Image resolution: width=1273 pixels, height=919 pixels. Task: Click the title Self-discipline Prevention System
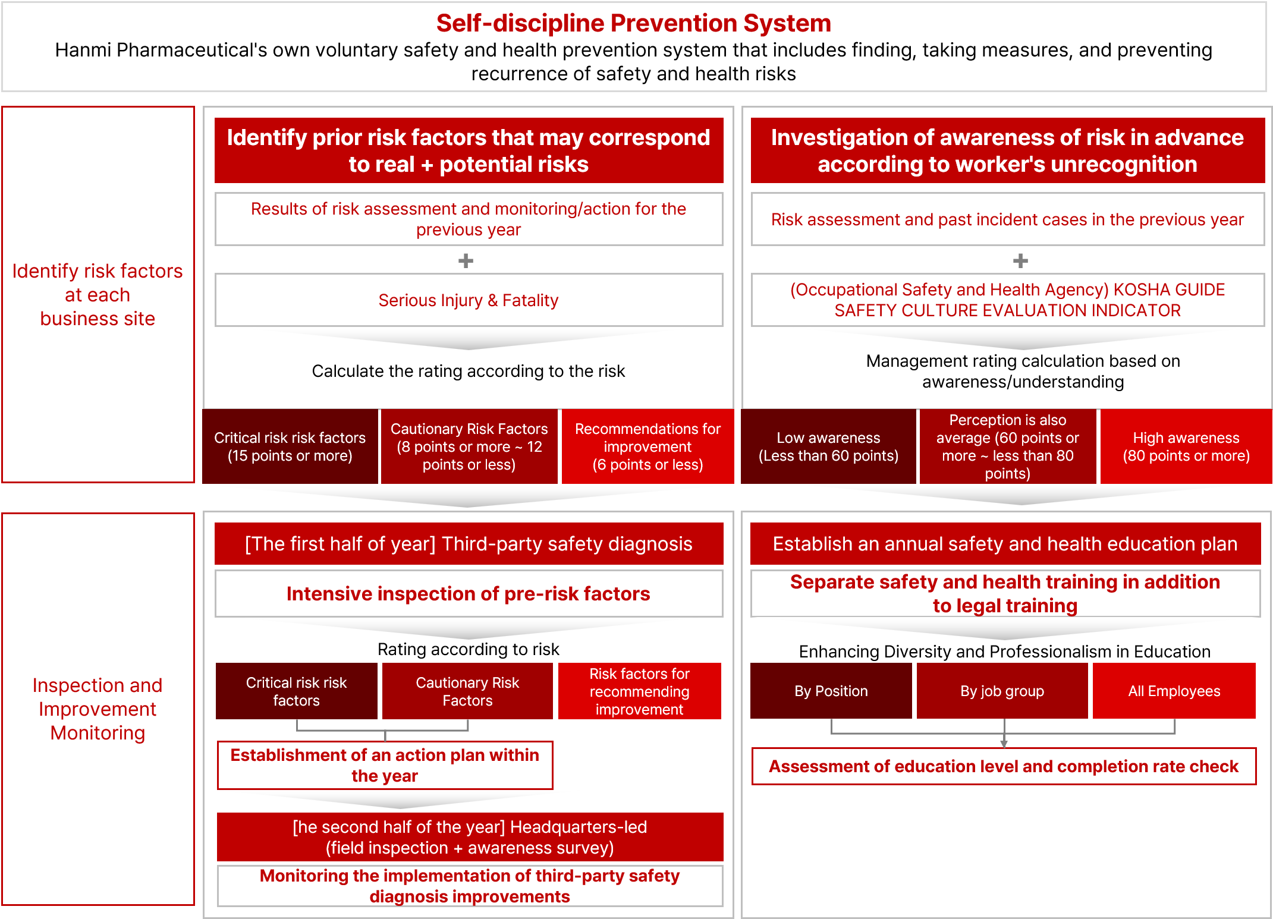point(633,23)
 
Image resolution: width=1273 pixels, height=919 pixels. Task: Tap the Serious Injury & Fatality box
point(469,300)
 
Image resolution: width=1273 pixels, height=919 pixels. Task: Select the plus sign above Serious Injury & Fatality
point(466,260)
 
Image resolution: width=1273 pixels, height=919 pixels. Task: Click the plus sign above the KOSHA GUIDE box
point(1020,260)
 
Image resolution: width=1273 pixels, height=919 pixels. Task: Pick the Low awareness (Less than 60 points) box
point(828,446)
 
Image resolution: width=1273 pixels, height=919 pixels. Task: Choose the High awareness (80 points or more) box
point(1186,446)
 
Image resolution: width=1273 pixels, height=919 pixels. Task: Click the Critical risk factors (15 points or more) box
point(290,446)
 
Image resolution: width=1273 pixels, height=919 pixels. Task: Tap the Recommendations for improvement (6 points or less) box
point(647,446)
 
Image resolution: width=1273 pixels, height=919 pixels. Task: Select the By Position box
point(831,691)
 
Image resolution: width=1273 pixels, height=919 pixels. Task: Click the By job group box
point(1002,691)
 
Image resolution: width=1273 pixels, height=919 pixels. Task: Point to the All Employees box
point(1174,691)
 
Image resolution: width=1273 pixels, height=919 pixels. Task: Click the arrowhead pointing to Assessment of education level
point(1004,744)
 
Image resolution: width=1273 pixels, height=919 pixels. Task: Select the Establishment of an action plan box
point(385,765)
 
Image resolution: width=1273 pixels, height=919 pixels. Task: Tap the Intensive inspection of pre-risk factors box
point(469,594)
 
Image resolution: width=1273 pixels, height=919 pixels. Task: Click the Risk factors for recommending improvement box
point(640,691)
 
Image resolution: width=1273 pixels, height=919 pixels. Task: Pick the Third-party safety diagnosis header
point(469,544)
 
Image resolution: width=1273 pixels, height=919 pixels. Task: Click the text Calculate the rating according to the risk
point(469,371)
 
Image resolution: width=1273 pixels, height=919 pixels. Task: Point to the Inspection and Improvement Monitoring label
point(98,709)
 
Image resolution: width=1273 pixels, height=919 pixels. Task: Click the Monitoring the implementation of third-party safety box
point(470,886)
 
